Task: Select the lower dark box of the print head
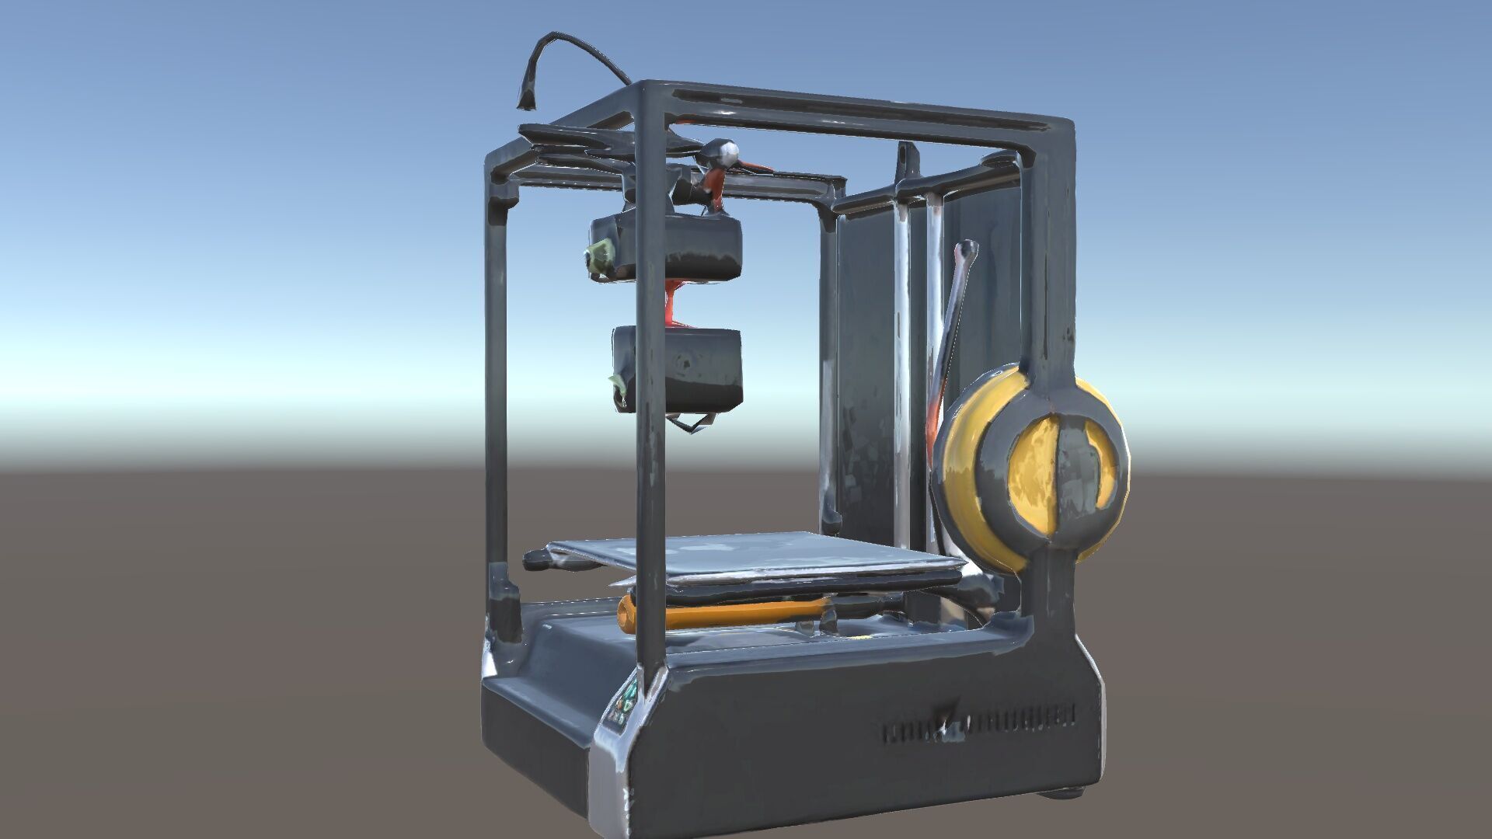click(x=684, y=369)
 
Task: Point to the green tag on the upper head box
click(x=599, y=257)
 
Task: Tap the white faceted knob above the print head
click(x=726, y=152)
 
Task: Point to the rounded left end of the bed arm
click(x=535, y=558)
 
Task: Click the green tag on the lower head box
click(x=618, y=382)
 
